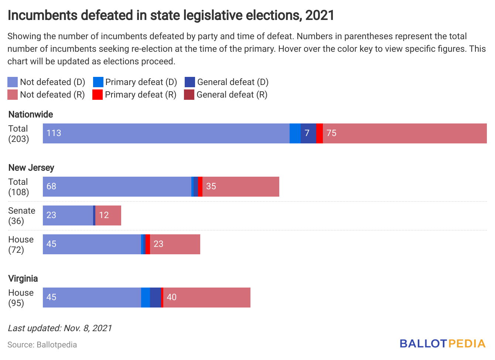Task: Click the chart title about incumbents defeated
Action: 171,16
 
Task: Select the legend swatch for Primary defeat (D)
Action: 98,82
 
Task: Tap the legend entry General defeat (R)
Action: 226,95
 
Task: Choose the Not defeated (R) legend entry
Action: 46,95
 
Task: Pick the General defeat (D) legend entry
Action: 226,82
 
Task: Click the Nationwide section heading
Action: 31,115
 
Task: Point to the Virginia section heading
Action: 23,279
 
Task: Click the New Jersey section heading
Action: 31,168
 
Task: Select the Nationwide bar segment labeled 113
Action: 166,133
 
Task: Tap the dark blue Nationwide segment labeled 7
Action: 308,133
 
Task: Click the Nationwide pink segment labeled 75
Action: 404,133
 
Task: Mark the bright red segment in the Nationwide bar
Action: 320,133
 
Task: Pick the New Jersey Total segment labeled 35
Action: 240,187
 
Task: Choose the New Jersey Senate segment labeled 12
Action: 108,215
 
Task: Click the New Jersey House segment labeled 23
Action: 175,244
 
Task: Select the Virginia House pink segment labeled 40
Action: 206,298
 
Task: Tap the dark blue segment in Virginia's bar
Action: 155,298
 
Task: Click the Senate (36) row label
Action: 21,216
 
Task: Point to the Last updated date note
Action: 60,328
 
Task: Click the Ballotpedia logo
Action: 442,344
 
